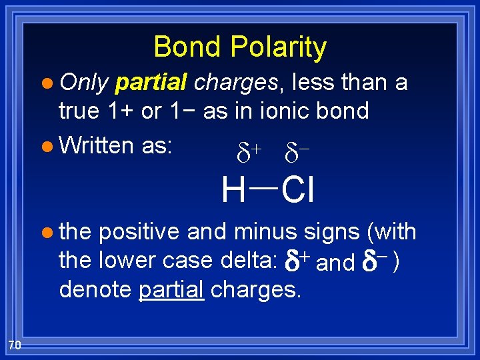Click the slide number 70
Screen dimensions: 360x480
point(15,344)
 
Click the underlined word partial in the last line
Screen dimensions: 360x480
point(171,291)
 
